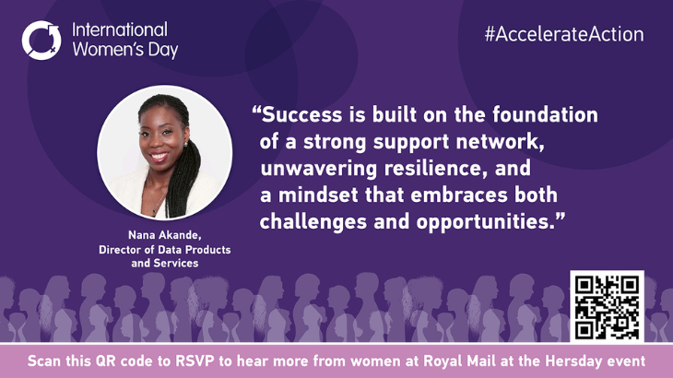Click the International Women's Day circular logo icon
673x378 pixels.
point(41,41)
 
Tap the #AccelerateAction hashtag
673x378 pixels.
point(564,34)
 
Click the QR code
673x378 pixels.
point(607,306)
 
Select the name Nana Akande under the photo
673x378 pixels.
point(165,235)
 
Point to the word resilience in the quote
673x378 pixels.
point(435,168)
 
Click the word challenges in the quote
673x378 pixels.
point(313,222)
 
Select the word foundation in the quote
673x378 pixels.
point(545,115)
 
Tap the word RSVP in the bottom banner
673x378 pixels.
point(195,360)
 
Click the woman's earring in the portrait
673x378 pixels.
point(186,144)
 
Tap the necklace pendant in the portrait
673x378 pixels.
point(154,210)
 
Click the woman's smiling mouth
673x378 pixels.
point(159,157)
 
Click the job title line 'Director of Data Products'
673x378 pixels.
point(165,250)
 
